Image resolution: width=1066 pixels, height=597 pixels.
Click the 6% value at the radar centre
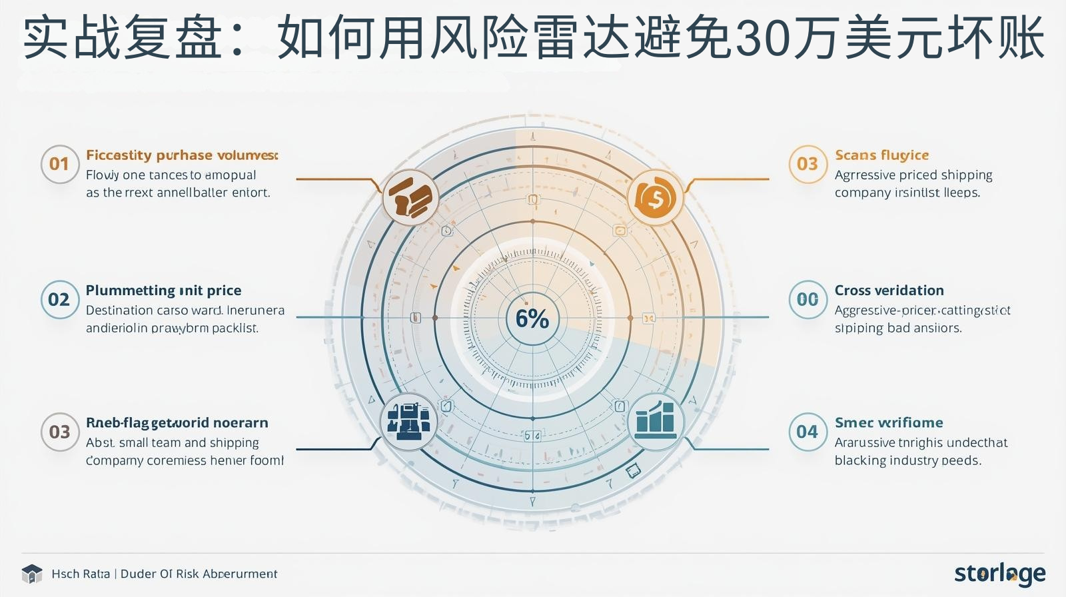point(532,318)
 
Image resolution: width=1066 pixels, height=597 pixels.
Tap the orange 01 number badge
point(59,164)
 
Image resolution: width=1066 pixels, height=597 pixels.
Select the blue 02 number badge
point(59,299)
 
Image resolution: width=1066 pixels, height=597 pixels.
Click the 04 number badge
point(807,432)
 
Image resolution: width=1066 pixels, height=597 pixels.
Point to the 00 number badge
point(807,299)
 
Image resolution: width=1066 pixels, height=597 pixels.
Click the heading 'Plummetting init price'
point(163,291)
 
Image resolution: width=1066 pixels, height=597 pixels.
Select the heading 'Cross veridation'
point(889,291)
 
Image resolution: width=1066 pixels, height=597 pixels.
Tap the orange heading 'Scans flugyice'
point(881,155)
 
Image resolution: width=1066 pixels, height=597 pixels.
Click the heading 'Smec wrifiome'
point(889,422)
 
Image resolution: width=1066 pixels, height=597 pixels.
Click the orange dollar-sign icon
point(656,197)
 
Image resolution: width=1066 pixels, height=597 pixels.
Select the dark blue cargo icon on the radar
point(409,421)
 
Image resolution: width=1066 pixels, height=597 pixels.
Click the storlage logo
point(999,573)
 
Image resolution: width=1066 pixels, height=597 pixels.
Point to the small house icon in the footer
point(32,574)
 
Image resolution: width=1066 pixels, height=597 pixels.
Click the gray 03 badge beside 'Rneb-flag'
point(59,432)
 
